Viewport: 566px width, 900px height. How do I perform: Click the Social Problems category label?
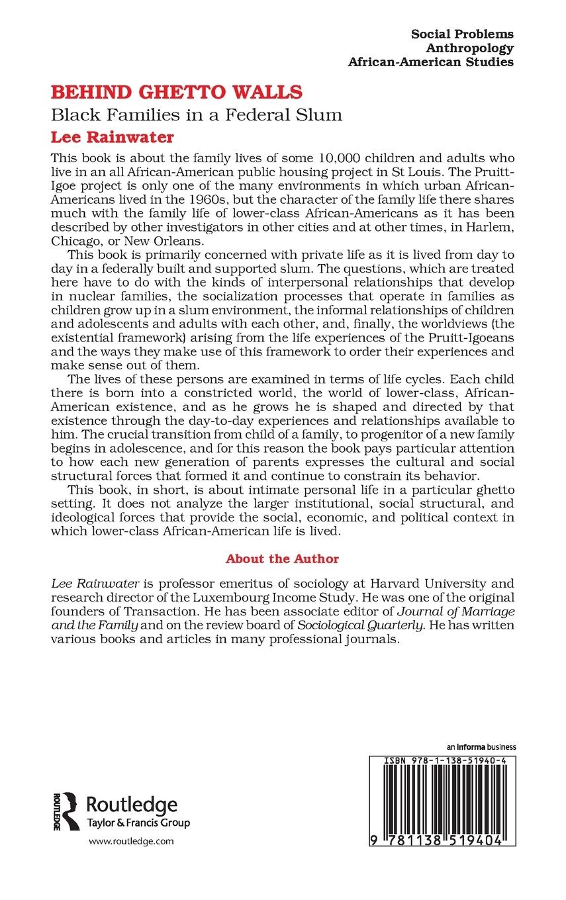point(462,34)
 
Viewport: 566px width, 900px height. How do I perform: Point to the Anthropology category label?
point(469,48)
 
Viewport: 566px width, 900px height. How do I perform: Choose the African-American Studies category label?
point(431,63)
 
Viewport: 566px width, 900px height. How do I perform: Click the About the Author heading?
point(282,559)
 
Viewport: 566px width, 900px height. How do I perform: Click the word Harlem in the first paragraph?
point(491,229)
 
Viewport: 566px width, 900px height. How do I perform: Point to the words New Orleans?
point(157,243)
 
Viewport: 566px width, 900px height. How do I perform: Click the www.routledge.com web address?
point(130,841)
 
